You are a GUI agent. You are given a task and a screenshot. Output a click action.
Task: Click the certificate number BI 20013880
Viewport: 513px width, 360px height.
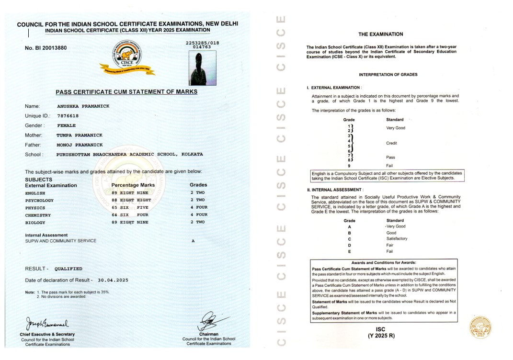click(x=46, y=48)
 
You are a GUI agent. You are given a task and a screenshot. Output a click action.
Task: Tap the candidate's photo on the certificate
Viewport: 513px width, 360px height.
click(x=203, y=68)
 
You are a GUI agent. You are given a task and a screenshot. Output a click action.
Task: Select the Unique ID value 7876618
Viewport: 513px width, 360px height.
click(x=68, y=116)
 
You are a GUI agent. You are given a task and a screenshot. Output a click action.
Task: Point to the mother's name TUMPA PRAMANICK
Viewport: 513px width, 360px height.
click(x=80, y=135)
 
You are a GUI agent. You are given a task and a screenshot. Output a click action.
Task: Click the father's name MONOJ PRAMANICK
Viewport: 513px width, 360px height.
click(x=80, y=145)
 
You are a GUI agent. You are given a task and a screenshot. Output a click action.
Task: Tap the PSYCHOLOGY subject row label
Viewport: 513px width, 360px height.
click(x=39, y=200)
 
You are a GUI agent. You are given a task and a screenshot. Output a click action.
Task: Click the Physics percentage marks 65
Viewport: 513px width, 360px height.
click(x=114, y=208)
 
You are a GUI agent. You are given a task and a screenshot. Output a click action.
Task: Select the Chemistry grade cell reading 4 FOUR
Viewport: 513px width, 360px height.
click(x=199, y=215)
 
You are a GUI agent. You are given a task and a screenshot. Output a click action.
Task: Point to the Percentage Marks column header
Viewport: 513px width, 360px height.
click(x=133, y=185)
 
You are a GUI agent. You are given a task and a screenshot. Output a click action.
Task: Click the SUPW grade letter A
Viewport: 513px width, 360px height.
click(x=193, y=241)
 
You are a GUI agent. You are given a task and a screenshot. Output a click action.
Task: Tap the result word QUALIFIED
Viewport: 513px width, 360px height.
click(x=68, y=269)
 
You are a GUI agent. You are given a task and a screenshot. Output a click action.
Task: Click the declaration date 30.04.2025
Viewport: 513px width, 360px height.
click(x=113, y=280)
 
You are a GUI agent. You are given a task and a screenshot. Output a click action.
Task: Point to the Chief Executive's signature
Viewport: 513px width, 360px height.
click(x=47, y=323)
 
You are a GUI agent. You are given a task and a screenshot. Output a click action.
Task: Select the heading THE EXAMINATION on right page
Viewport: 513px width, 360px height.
click(x=381, y=34)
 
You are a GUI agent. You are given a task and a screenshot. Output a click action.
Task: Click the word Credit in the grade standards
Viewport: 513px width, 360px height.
click(x=391, y=143)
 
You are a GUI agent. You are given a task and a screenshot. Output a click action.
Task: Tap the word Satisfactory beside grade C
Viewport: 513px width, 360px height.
click(x=397, y=238)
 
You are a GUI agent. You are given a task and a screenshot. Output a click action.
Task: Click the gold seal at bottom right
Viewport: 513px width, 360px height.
click(x=479, y=327)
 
